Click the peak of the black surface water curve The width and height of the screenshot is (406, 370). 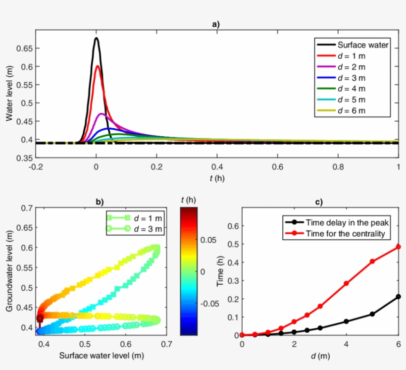point(96,39)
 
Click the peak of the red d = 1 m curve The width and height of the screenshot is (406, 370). point(98,66)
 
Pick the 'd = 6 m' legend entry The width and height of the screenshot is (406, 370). point(351,110)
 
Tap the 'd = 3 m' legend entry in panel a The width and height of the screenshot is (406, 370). point(351,78)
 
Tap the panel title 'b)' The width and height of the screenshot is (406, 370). point(100,202)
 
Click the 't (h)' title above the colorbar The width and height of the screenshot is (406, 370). point(189,200)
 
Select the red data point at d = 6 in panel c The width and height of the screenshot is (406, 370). point(399,247)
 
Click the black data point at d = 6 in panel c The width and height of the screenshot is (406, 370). point(399,297)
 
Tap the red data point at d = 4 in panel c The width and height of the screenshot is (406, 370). point(346,283)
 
